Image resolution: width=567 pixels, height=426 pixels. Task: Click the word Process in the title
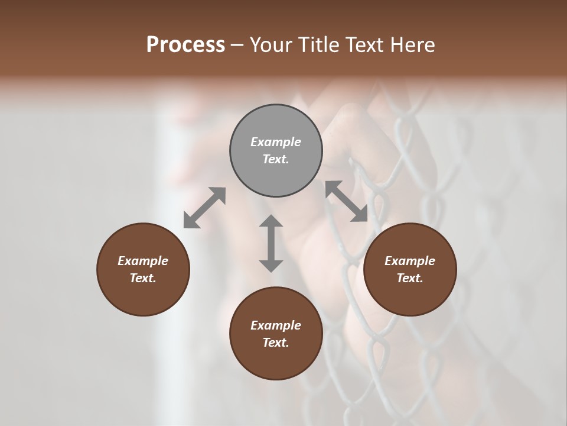click(185, 45)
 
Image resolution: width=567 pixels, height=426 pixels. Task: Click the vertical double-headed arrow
click(271, 243)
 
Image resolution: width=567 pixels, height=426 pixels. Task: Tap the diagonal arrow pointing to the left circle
click(204, 208)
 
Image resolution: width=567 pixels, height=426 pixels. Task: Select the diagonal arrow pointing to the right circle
click(347, 201)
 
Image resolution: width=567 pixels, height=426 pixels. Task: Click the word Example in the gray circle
click(276, 142)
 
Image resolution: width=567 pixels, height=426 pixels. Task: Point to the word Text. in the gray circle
click(276, 159)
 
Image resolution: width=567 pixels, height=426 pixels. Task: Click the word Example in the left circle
click(143, 261)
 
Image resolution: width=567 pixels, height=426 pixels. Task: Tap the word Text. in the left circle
click(143, 278)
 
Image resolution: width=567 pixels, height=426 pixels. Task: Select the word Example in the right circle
click(410, 261)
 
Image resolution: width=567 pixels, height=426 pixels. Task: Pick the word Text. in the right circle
click(410, 278)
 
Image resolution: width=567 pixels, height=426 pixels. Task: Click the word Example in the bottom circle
click(276, 325)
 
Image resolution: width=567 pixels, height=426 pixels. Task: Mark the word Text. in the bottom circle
click(276, 343)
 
